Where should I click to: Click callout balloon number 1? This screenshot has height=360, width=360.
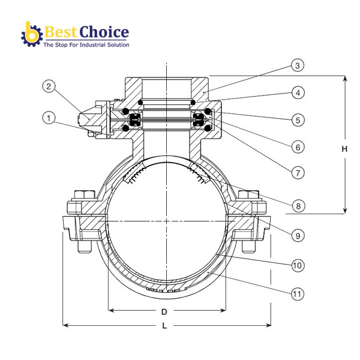(49, 118)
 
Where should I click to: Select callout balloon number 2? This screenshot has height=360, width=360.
(49, 87)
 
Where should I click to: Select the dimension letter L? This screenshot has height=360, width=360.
(164, 328)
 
